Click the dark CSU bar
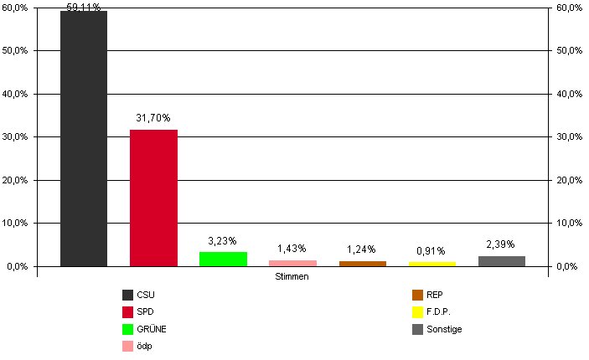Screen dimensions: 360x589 tap(84, 138)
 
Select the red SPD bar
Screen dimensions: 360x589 tap(153, 198)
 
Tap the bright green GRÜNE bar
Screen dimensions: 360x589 tap(223, 259)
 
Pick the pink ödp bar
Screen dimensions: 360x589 tap(292, 263)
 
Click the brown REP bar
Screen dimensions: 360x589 tap(362, 264)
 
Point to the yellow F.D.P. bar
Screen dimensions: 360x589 tap(431, 264)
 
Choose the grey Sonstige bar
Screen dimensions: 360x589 tap(501, 261)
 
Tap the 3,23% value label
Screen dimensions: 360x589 tap(222, 242)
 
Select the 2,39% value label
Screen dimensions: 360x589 tap(501, 244)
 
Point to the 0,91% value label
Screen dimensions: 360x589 tap(431, 250)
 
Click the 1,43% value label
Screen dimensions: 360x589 tap(292, 249)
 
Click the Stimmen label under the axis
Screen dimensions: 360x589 tap(292, 277)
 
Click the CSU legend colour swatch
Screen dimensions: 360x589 tap(127, 295)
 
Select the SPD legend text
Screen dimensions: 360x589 tap(145, 312)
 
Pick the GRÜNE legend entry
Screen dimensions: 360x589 tap(150, 329)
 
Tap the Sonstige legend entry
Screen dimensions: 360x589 tap(445, 329)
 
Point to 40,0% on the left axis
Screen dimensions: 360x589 tap(17, 94)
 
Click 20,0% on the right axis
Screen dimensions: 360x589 tap(569, 180)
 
